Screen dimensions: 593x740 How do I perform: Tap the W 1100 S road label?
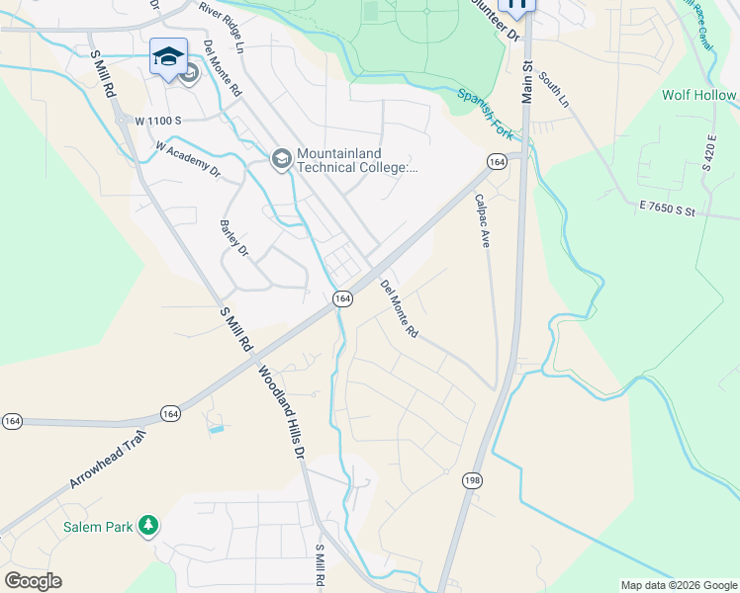pos(159,121)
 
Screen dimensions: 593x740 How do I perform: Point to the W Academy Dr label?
pos(187,158)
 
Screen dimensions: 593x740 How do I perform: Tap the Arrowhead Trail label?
pos(108,461)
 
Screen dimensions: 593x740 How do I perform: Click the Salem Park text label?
pos(95,527)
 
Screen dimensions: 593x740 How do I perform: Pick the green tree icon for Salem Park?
pos(148,525)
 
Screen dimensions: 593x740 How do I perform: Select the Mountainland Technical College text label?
pos(357,161)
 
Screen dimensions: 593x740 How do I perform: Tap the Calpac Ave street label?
pos(483,219)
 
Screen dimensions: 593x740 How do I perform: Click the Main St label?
pos(526,81)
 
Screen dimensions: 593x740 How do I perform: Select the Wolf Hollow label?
pos(699,96)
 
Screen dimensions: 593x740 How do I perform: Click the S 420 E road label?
pos(708,153)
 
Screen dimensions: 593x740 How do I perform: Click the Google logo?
pos(33,581)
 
